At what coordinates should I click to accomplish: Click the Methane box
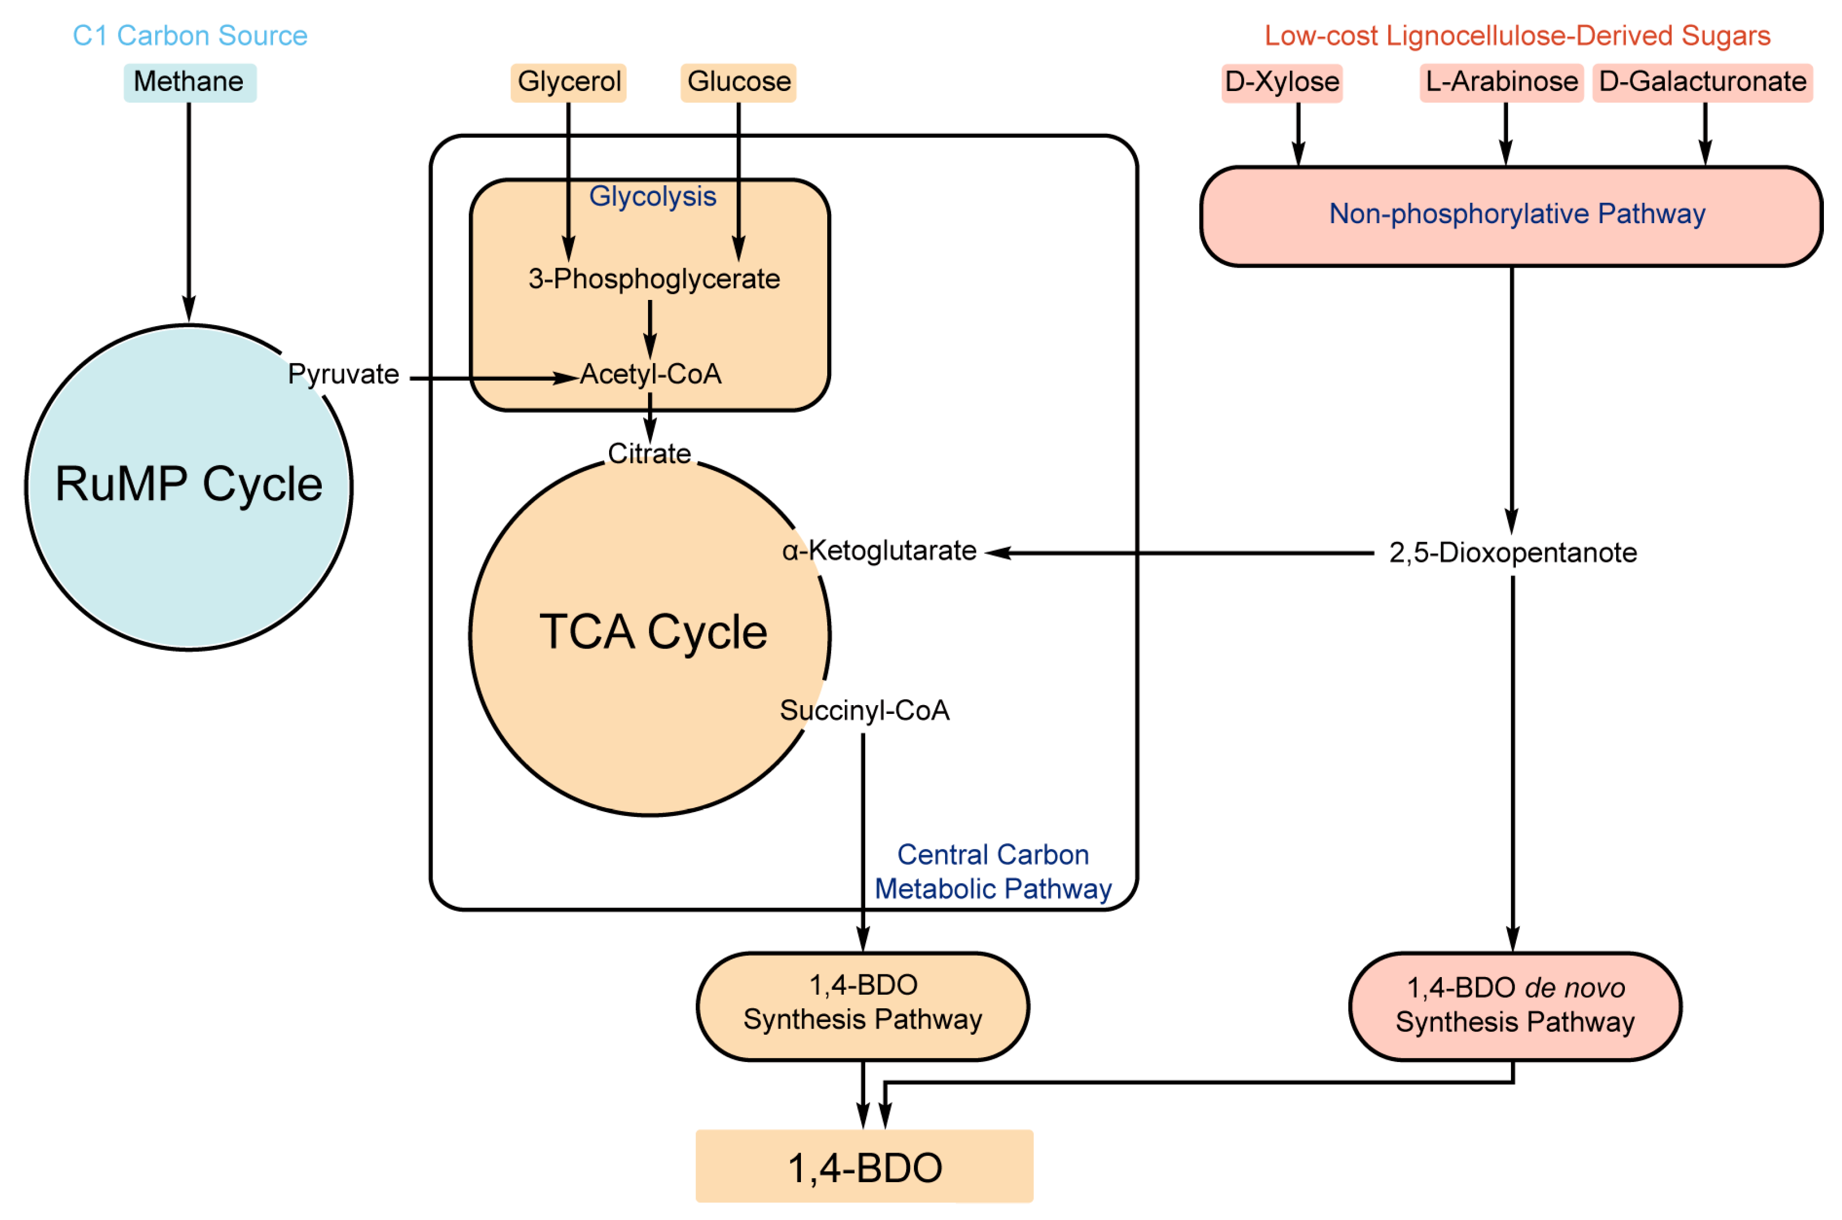pyautogui.click(x=189, y=82)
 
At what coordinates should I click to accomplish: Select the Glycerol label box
pyautogui.click(x=568, y=82)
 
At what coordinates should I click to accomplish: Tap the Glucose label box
pyautogui.click(x=738, y=82)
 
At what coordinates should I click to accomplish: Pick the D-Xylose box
pyautogui.click(x=1282, y=82)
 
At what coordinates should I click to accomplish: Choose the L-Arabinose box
pyautogui.click(x=1502, y=82)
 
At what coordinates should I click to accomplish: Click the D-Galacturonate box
pyautogui.click(x=1702, y=82)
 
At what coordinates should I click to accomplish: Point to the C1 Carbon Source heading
pyautogui.click(x=190, y=36)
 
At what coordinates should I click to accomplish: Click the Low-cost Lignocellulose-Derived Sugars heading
pyautogui.click(x=1517, y=36)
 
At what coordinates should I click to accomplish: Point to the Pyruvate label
pyautogui.click(x=343, y=374)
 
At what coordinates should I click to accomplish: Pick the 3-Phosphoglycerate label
pyautogui.click(x=653, y=279)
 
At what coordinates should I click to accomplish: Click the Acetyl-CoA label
pyautogui.click(x=650, y=374)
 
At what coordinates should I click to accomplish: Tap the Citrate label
pyautogui.click(x=649, y=453)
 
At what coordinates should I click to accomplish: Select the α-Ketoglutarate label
pyautogui.click(x=879, y=551)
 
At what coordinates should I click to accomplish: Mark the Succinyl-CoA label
pyautogui.click(x=864, y=711)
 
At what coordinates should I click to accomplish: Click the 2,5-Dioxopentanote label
pyautogui.click(x=1512, y=553)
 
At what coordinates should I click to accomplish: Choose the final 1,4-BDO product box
pyautogui.click(x=864, y=1167)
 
